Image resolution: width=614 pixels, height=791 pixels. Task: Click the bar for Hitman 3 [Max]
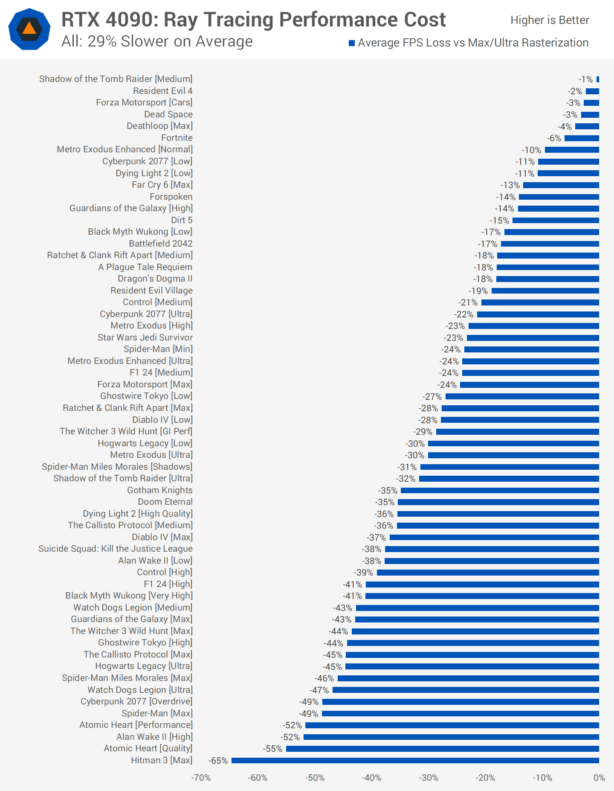tap(415, 760)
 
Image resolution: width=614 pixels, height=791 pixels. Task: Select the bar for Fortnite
tap(582, 138)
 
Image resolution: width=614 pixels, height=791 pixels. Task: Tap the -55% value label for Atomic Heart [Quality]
tap(273, 749)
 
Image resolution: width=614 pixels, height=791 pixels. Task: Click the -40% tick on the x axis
tap(371, 778)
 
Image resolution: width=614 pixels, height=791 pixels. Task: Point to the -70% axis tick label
tap(201, 778)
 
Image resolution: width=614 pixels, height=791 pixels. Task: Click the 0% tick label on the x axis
tap(599, 778)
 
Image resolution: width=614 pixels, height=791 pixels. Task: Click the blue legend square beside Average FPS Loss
tap(352, 43)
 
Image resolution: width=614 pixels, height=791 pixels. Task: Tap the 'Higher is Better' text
tap(550, 20)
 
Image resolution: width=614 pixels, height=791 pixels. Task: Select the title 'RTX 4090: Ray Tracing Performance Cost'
tap(253, 20)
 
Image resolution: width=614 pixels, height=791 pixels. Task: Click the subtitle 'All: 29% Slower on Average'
tap(157, 41)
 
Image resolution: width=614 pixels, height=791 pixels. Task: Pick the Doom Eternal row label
tap(165, 502)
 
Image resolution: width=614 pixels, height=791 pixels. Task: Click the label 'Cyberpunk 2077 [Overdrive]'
tap(136, 701)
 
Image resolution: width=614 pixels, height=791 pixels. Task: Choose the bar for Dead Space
tap(590, 115)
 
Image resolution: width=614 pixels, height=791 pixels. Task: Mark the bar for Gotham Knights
tap(500, 491)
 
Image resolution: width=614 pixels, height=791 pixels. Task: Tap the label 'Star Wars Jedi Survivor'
tap(145, 337)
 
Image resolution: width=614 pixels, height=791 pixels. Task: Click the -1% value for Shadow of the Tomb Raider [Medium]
tap(585, 79)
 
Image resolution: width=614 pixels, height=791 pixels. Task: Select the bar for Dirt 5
tap(556, 221)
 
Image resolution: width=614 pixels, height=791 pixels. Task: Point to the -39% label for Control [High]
tap(363, 573)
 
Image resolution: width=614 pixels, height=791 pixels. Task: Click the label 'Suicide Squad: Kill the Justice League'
tap(116, 549)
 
